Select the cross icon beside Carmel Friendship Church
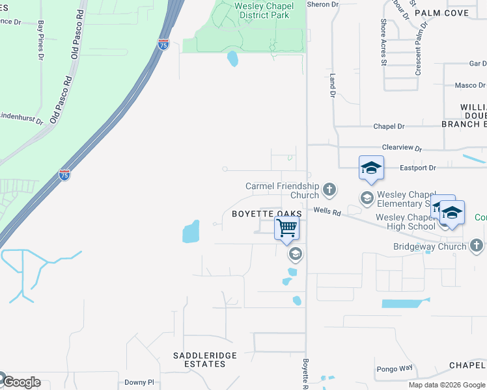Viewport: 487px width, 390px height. click(329, 190)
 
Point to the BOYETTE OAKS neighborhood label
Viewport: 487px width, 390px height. click(267, 214)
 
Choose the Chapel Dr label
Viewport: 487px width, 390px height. click(389, 126)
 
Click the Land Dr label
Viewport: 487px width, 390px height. click(332, 85)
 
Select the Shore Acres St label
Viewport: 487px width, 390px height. click(383, 42)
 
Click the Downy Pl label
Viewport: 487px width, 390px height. click(139, 383)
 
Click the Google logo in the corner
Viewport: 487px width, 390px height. click(22, 382)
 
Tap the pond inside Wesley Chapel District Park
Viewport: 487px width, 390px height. click(232, 60)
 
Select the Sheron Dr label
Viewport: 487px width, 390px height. click(323, 5)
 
